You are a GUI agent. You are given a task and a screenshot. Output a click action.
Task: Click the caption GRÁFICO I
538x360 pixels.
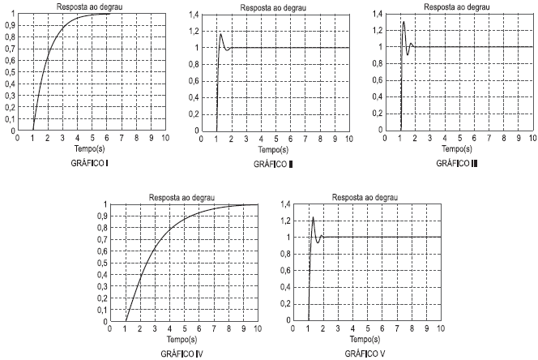[x=92, y=163]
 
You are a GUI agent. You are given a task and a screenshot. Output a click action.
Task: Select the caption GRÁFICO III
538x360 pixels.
[x=458, y=163]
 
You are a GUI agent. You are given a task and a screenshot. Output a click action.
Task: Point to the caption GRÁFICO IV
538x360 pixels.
[x=183, y=354]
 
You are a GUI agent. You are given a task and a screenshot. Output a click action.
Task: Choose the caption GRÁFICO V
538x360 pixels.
[x=366, y=354]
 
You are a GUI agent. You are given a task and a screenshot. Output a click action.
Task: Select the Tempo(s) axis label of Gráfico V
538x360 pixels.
[x=367, y=340]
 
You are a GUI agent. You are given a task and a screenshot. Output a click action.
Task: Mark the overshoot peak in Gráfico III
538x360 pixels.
[x=403, y=22]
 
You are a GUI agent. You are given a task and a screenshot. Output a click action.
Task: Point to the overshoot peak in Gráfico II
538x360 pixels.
[x=220, y=33]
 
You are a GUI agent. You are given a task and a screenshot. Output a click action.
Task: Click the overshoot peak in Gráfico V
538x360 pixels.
[x=313, y=217]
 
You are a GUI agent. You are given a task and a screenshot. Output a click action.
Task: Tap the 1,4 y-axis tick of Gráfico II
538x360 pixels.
[x=193, y=15]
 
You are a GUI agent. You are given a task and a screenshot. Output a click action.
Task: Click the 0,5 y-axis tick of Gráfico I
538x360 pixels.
[x=8, y=72]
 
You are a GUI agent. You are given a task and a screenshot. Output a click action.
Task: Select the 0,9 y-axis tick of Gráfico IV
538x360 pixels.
[x=100, y=216]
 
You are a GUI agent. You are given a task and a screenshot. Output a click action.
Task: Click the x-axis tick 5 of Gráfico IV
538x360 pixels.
[x=185, y=330]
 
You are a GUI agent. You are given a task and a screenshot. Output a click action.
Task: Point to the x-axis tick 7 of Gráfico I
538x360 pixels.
[x=121, y=139]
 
